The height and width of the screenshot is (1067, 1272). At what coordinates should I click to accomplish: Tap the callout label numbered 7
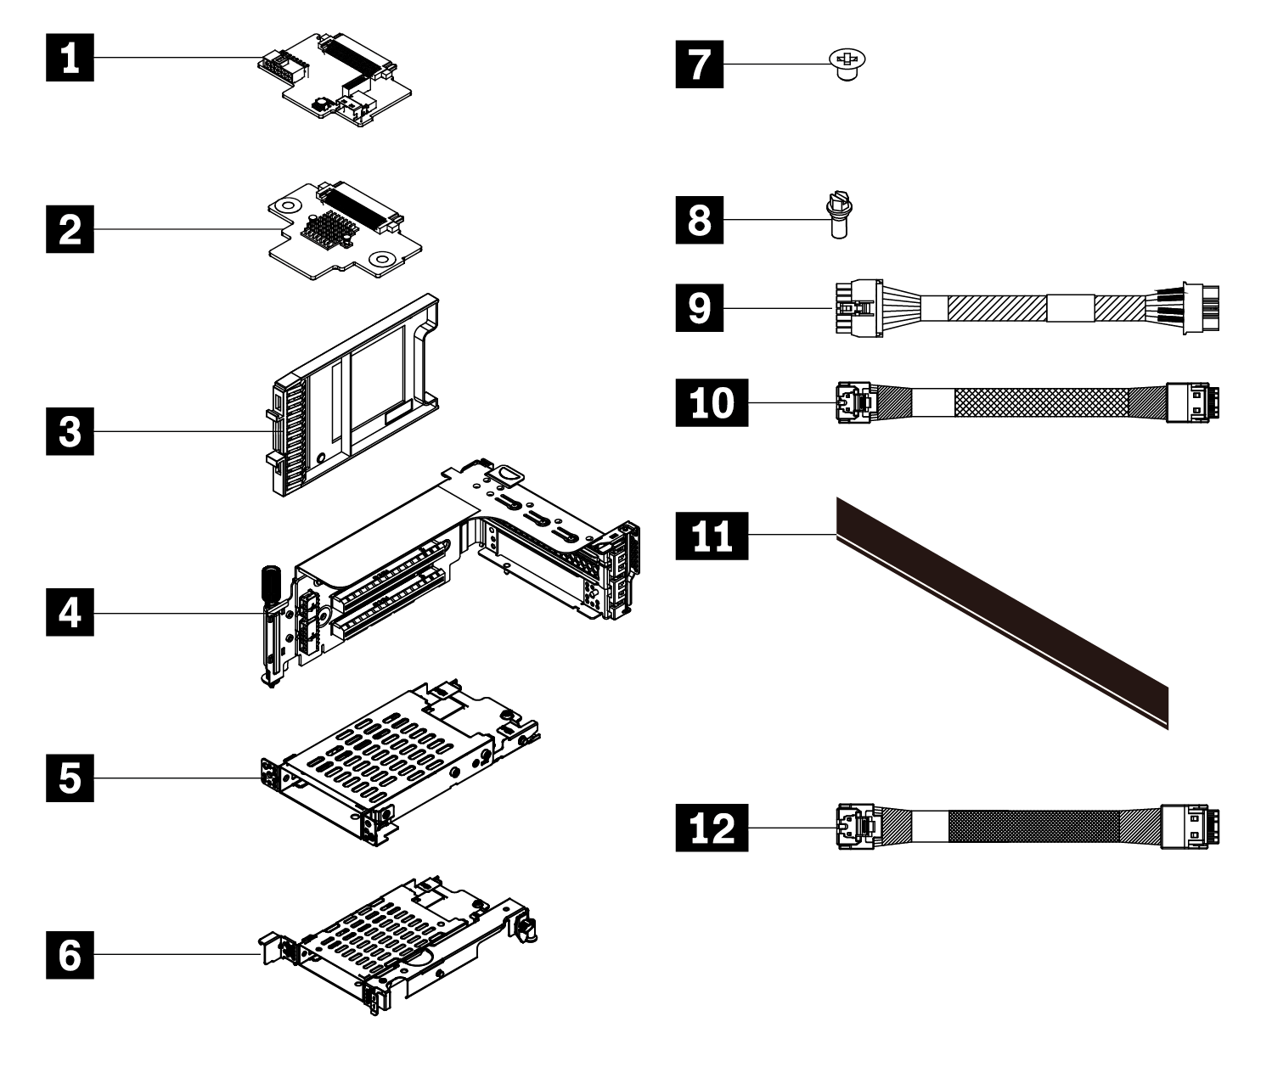coord(701,64)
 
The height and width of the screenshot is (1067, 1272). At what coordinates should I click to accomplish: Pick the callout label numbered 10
coord(712,402)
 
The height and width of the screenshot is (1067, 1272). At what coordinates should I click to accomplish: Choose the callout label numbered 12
coord(712,827)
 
